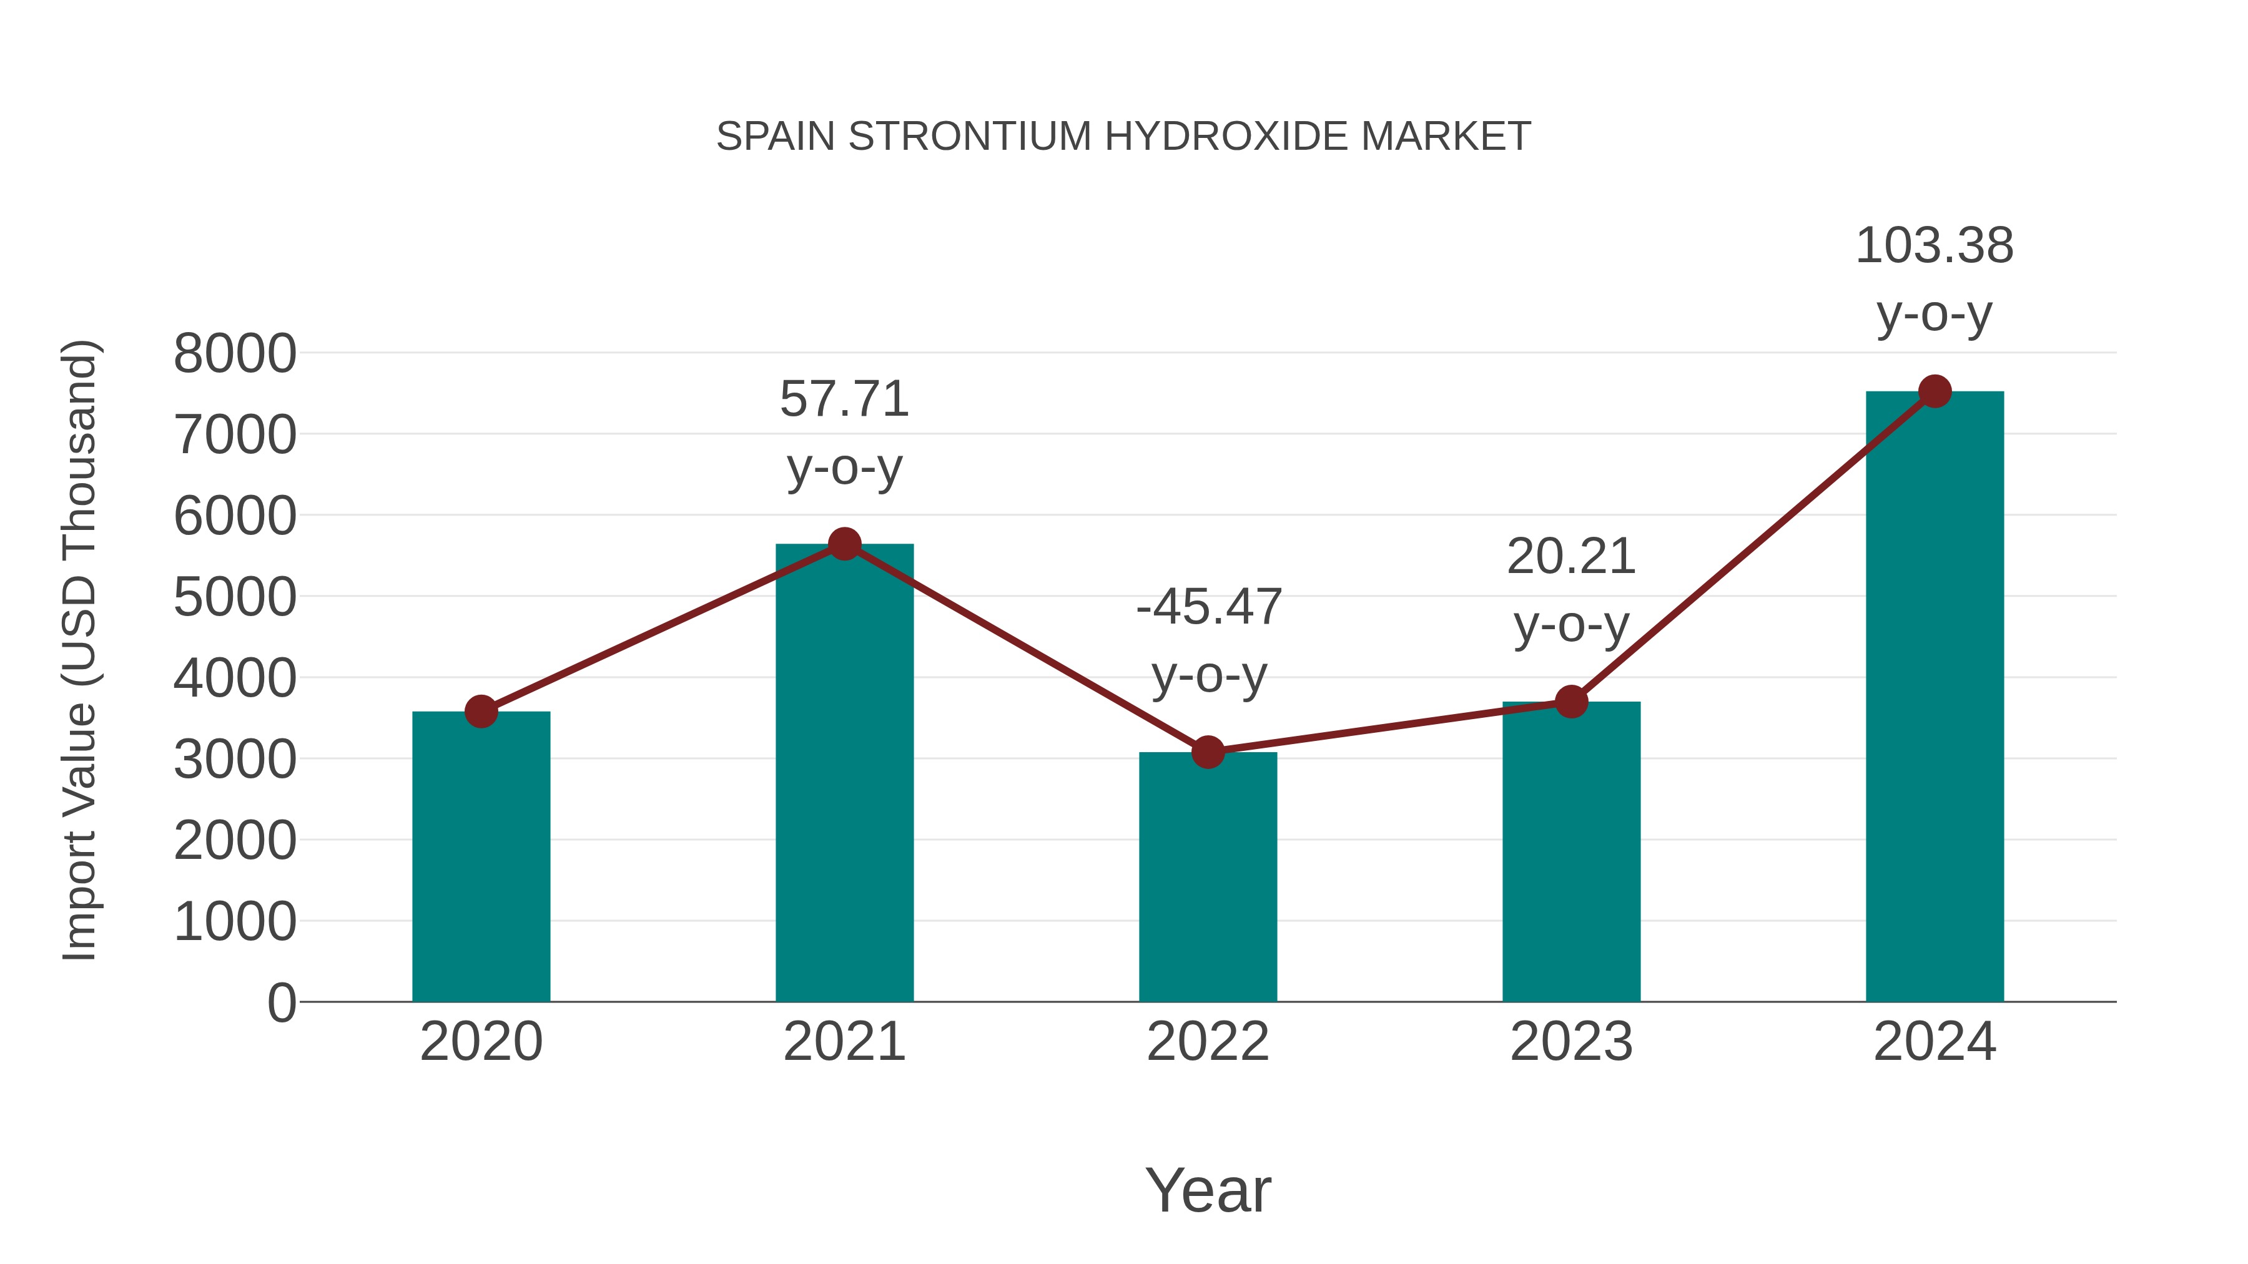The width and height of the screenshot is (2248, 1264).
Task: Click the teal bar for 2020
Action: (x=481, y=860)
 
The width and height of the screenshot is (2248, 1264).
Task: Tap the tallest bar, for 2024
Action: (x=1935, y=698)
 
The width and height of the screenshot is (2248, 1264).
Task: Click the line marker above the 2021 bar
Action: (x=844, y=544)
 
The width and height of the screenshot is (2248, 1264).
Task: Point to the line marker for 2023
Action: (x=1571, y=702)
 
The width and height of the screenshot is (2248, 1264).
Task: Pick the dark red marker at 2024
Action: (x=1935, y=391)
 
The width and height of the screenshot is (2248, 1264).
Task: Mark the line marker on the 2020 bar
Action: (x=481, y=712)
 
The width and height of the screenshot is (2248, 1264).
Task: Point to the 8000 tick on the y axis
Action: (x=235, y=354)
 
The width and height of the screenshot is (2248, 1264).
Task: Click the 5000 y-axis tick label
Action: (x=235, y=597)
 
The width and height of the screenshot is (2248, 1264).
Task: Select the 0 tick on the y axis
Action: (x=281, y=1003)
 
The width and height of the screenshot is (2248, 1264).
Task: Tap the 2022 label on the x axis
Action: (x=1208, y=1042)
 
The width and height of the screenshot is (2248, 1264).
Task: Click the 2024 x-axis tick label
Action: (x=1935, y=1042)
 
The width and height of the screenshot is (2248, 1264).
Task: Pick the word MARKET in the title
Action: (x=1445, y=137)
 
